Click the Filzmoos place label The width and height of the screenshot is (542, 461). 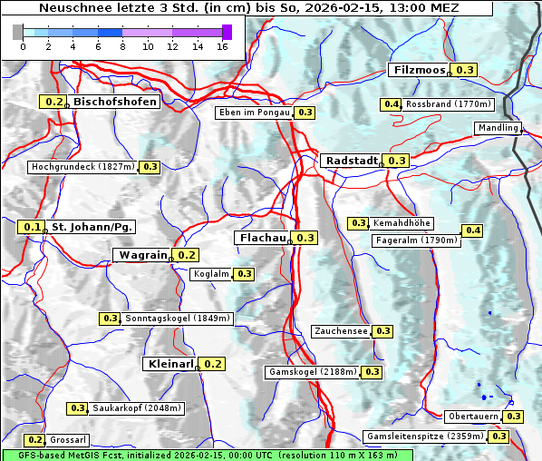pos(420,70)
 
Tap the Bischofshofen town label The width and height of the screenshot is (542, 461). pos(115,103)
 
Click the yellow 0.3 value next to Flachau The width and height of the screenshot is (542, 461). pos(305,238)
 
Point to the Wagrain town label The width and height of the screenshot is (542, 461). pos(143,256)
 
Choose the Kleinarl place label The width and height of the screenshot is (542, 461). pos(170,364)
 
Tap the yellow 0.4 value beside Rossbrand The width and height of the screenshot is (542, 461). pos(392,104)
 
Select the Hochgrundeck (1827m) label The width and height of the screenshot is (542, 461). pos(82,167)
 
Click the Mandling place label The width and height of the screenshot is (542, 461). pos(498,128)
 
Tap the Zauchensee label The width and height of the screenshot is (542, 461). pos(341,331)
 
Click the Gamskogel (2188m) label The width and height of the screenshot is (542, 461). pos(313,372)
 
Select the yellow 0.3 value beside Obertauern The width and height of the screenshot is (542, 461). pos(514,417)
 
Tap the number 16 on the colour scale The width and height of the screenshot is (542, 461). pos(222,46)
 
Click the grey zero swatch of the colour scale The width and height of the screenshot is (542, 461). pos(18,32)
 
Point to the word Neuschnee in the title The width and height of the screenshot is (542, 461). pos(69,7)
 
